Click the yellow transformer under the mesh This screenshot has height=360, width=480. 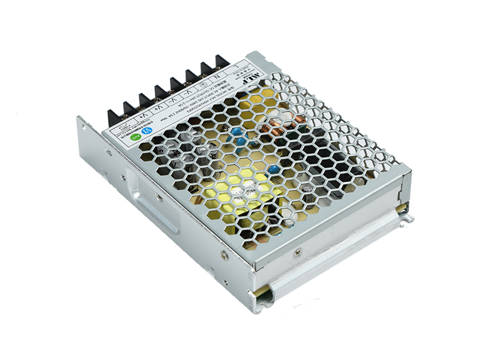tap(240, 192)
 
